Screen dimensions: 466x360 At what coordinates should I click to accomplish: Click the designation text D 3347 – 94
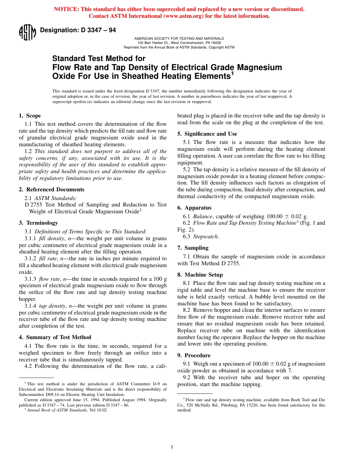pyautogui.click(x=78, y=30)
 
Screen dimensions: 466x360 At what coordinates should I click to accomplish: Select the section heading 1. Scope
pyautogui.click(x=30, y=116)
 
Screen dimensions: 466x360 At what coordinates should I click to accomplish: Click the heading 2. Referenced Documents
pyautogui.click(x=52, y=189)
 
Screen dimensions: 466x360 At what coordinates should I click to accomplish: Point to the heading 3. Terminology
pyautogui.click(x=38, y=223)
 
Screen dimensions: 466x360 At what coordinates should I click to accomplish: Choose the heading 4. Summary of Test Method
pyautogui.click(x=55, y=337)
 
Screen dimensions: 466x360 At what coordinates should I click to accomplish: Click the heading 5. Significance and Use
pyautogui.click(x=207, y=134)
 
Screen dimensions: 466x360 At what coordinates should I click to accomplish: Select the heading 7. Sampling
pyautogui.click(x=193, y=248)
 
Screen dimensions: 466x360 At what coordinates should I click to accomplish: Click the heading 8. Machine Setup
pyautogui.click(x=200, y=275)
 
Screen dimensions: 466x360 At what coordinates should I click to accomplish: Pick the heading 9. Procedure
pyautogui.click(x=194, y=355)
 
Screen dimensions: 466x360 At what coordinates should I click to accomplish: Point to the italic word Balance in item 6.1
pyautogui.click(x=203, y=216)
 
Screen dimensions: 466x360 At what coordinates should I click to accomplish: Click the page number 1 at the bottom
pyautogui.click(x=172, y=447)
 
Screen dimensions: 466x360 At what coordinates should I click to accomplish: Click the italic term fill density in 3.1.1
pyautogui.click(x=49, y=238)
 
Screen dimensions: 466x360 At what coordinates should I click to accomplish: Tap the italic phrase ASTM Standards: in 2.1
pyautogui.click(x=55, y=198)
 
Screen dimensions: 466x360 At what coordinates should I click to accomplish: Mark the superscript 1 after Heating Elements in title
pyautogui.click(x=233, y=73)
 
